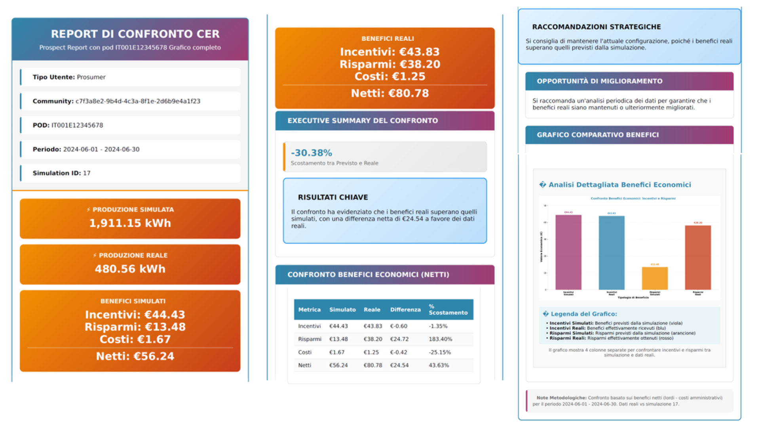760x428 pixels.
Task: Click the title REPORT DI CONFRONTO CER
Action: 135,34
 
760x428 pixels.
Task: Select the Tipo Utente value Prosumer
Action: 91,77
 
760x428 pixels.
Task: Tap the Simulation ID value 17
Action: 87,173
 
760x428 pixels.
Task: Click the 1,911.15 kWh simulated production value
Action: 130,223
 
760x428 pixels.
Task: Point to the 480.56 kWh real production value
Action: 130,269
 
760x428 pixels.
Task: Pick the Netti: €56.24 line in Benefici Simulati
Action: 135,356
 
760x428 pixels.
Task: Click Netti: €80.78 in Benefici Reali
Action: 389,94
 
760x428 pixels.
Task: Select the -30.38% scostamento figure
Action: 312,153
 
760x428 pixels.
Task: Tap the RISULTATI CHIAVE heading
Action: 333,197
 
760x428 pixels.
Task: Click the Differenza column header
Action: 405,310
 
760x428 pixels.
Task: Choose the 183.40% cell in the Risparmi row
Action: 440,339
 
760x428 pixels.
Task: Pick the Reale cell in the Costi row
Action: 371,352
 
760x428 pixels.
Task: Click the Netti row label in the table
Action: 304,365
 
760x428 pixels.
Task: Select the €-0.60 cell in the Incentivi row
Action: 399,326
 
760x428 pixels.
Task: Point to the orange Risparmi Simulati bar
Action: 655,278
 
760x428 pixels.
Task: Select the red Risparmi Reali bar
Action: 698,258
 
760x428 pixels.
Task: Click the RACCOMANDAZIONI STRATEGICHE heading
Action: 596,27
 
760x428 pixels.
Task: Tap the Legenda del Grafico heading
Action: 583,314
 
